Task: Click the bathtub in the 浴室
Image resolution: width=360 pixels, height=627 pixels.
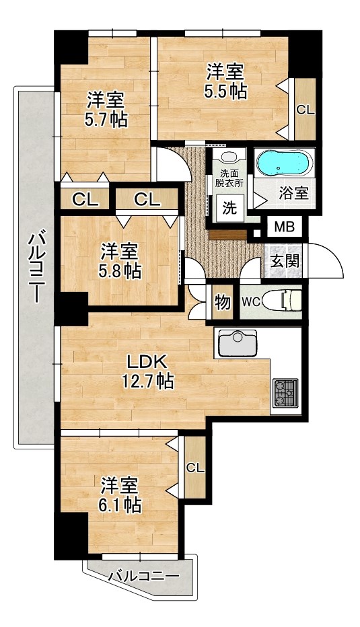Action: (283, 163)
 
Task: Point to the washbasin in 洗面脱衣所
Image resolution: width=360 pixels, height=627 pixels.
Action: (229, 157)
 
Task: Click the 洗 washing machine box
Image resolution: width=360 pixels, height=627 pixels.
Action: (229, 208)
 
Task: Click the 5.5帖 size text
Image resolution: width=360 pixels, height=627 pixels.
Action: (225, 91)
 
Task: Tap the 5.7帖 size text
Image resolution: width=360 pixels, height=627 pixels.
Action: (106, 120)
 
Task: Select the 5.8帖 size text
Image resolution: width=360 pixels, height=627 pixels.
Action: (120, 270)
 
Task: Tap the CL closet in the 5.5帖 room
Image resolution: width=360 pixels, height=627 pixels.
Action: (305, 110)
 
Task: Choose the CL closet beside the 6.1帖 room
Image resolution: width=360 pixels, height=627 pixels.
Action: (195, 468)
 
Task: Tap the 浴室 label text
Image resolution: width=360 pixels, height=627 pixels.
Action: (293, 192)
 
